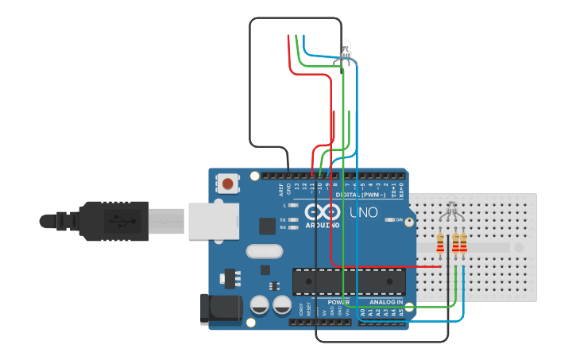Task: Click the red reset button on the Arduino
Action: pos(228,184)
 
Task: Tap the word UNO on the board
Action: pos(364,214)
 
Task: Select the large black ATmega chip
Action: pos(349,281)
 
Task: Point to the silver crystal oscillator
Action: pos(264,252)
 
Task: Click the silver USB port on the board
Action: pos(214,221)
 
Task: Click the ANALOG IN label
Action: pos(386,302)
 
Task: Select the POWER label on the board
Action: pos(338,302)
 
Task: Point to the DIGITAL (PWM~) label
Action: pos(361,195)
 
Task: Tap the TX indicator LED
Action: pos(294,219)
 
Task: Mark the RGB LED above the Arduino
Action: pos(346,51)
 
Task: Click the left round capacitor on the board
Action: pos(259,304)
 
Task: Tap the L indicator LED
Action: pos(294,206)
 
